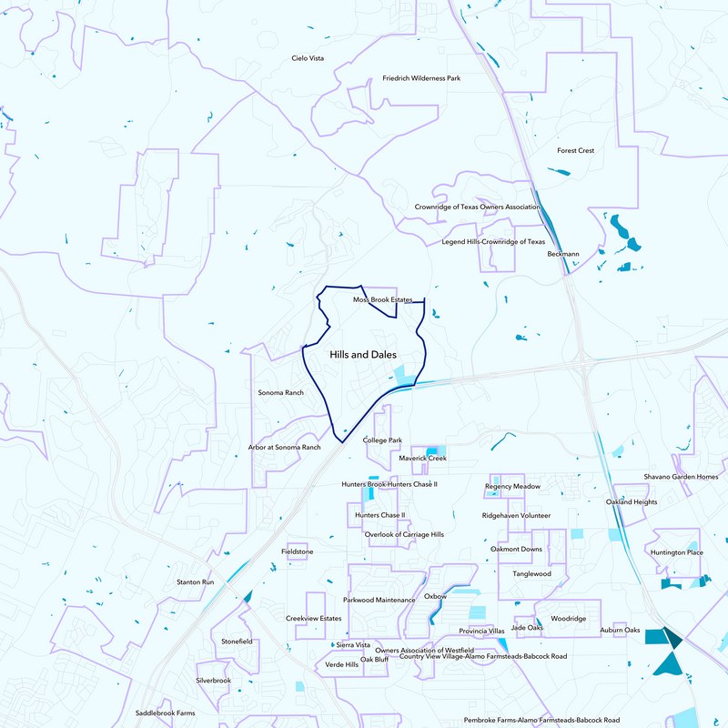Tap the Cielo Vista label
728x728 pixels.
308,58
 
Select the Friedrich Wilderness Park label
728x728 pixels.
421,79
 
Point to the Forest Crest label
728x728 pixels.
575,150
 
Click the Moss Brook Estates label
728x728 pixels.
382,299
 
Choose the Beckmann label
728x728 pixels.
563,254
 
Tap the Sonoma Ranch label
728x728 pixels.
281,392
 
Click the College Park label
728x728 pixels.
382,440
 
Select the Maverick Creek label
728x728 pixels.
422,459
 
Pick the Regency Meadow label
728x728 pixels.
512,487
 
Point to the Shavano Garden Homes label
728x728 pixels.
681,477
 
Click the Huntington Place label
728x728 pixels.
677,552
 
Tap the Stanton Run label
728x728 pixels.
195,581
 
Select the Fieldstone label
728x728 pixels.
298,551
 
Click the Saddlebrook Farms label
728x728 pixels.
166,713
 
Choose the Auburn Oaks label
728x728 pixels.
620,631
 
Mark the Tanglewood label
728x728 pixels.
531,574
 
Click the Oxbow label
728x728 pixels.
435,596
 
